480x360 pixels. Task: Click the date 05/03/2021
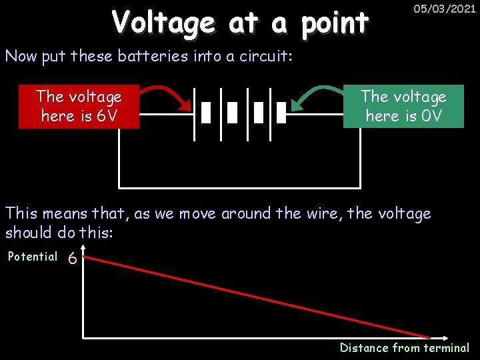coord(444,10)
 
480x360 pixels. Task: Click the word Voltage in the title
coord(163,23)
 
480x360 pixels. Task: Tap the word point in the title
coord(334,23)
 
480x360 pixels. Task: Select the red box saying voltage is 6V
coord(79,106)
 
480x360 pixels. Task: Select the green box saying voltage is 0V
coord(403,106)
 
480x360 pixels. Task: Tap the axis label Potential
coord(33,257)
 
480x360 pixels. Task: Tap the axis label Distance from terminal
coord(404,347)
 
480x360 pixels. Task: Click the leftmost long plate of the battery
coord(194,113)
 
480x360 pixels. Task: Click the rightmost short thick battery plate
coord(281,113)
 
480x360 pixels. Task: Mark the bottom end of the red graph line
coord(429,336)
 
